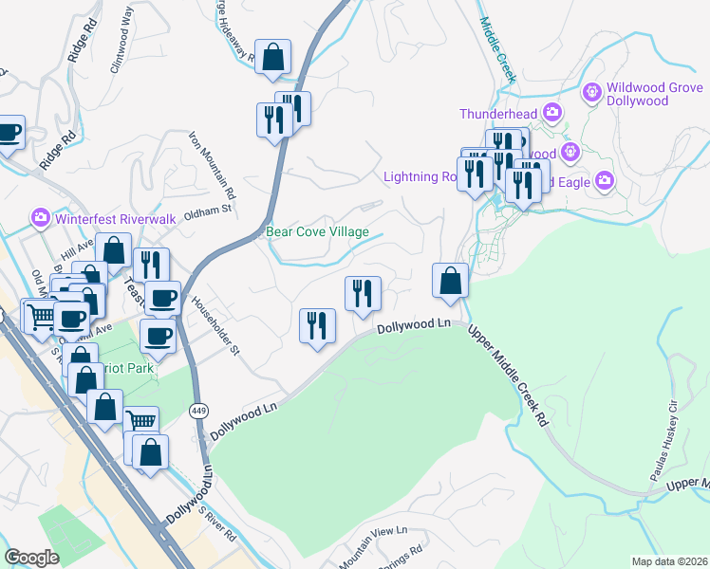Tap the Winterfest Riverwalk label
(x=116, y=218)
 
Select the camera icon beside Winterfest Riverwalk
(x=41, y=218)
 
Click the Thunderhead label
(x=498, y=114)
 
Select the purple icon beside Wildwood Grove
(x=591, y=92)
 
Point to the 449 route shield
(x=198, y=411)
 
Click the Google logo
(x=32, y=558)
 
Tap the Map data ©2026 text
(x=668, y=561)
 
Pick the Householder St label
(x=215, y=325)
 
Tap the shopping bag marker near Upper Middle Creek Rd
(x=450, y=281)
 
